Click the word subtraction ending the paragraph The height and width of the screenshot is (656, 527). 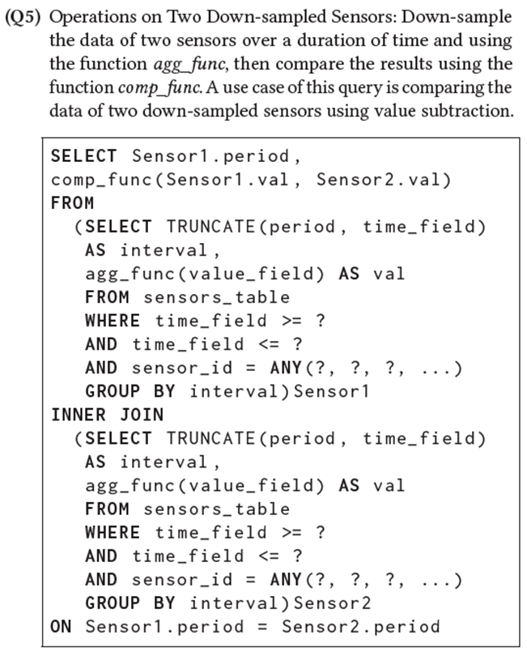[471, 111]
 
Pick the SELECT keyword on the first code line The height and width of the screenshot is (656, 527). [84, 155]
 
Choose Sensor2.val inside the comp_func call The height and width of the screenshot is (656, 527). [378, 179]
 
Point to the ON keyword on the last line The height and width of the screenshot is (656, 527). [61, 626]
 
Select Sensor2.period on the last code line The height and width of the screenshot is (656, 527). [360, 626]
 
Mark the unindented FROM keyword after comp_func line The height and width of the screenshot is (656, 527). [72, 202]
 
